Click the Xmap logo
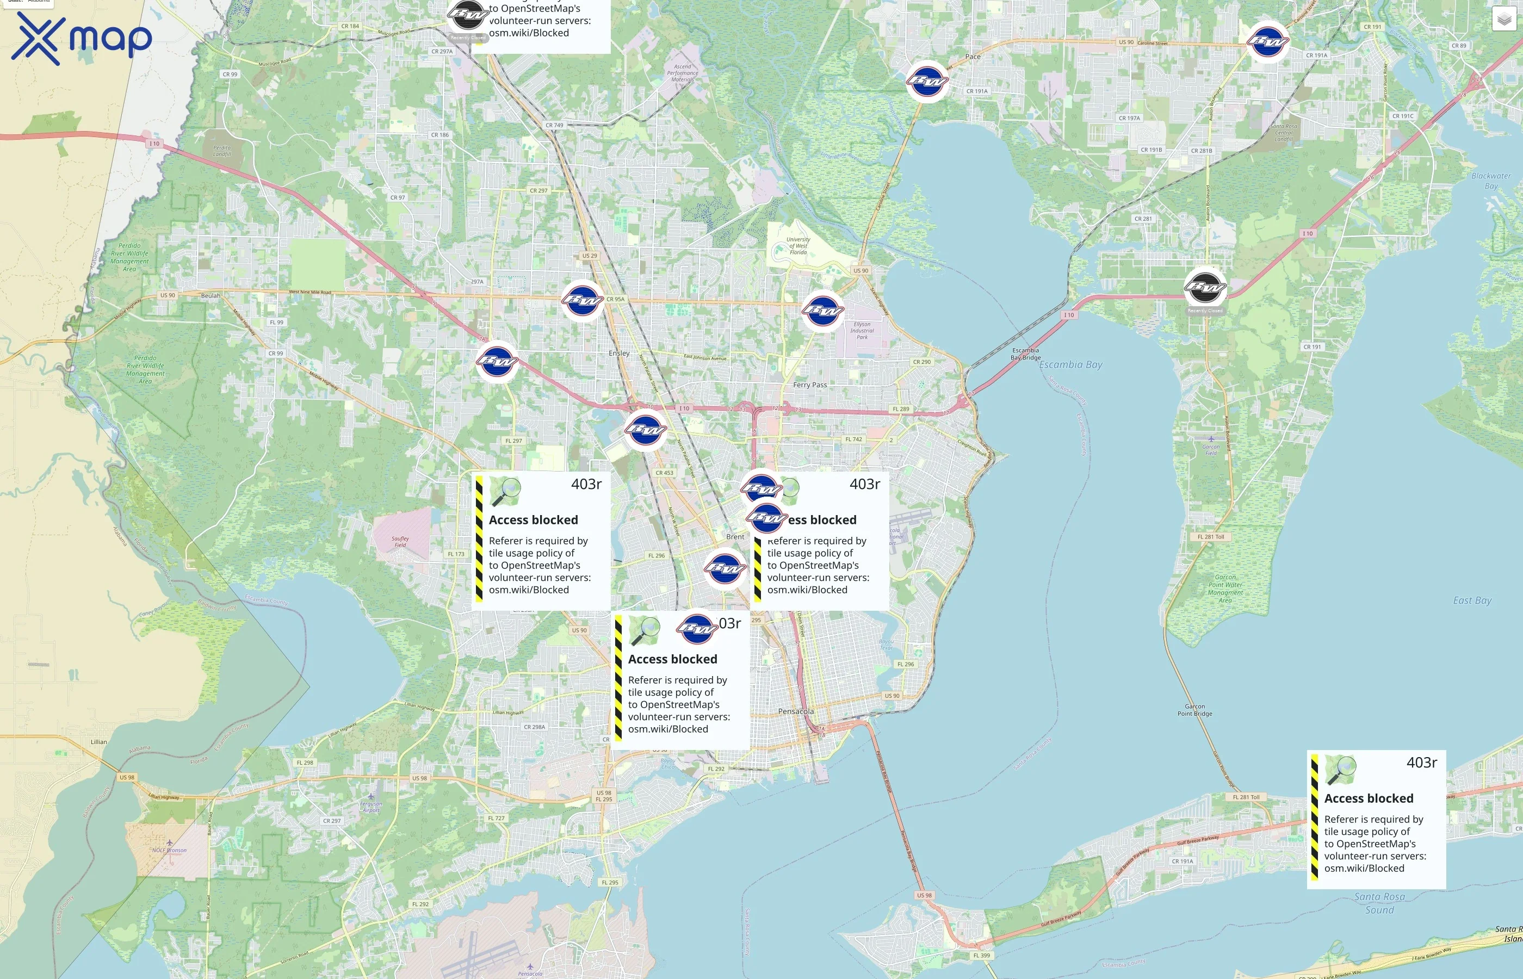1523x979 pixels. tap(82, 38)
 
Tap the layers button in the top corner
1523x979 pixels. tap(1504, 19)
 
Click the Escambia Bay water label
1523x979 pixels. tap(1070, 365)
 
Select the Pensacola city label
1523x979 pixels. tap(796, 711)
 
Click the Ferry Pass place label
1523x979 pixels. tap(810, 385)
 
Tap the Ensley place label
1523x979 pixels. tap(619, 354)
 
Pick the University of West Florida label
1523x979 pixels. tap(798, 246)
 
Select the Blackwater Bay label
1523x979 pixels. tap(1490, 181)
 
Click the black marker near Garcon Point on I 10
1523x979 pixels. tap(1205, 287)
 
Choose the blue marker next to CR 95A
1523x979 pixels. tap(582, 300)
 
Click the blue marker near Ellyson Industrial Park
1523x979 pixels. tap(822, 311)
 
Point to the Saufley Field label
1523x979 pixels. tap(400, 542)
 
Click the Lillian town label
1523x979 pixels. tap(98, 742)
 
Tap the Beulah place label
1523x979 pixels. tap(211, 296)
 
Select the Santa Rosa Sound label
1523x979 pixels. tap(1379, 903)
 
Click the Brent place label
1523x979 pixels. tap(735, 536)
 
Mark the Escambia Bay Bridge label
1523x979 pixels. tap(1025, 354)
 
